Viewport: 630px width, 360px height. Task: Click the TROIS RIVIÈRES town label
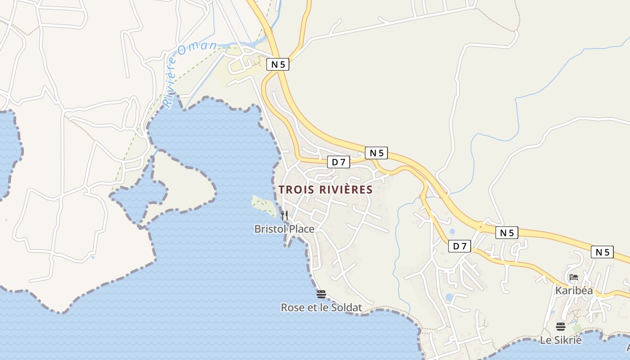326,190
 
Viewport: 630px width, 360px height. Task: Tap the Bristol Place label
284,229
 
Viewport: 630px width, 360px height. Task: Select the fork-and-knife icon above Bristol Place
284,216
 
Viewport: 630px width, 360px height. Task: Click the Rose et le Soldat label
321,308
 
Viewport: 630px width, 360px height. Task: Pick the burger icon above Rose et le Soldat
321,294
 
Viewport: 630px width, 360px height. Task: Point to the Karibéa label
574,291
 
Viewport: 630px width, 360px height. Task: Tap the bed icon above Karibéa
574,277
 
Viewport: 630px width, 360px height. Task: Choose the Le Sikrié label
561,340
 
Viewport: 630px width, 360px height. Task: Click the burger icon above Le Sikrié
561,327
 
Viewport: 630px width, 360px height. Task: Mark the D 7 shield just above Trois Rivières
338,162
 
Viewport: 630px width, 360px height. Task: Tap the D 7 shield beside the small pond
459,246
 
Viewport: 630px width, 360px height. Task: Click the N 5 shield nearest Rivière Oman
278,64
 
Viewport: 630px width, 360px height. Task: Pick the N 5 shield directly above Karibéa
602,252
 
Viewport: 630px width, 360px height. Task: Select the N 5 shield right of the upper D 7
376,153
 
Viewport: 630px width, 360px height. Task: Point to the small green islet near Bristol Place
263,205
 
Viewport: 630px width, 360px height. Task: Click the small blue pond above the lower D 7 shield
452,232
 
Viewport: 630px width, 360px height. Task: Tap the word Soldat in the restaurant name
347,308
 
